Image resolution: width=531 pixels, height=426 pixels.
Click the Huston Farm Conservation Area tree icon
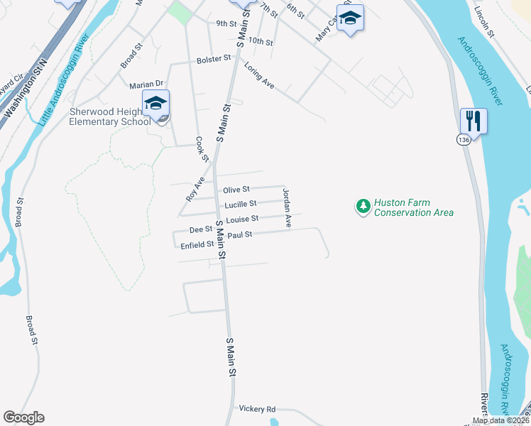pos(363,207)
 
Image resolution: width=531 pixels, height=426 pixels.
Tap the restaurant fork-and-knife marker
pos(473,120)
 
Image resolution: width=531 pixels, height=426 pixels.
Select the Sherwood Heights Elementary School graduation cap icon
pos(156,104)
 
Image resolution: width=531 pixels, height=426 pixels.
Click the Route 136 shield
pos(464,140)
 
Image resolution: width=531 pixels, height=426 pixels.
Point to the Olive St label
pos(236,190)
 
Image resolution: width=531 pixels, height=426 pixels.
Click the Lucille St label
pos(241,204)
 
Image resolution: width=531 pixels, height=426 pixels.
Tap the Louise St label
pos(243,219)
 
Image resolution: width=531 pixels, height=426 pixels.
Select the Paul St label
pos(240,234)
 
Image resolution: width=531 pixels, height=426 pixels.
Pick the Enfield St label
pos(197,244)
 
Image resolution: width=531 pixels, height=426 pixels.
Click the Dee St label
pos(201,229)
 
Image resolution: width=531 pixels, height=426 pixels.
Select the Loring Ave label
pos(259,77)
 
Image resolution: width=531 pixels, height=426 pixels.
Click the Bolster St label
pos(214,58)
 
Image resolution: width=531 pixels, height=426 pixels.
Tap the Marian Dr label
pos(146,84)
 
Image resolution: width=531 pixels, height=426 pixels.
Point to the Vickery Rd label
pos(257,409)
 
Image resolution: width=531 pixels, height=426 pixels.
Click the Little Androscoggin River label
pos(65,79)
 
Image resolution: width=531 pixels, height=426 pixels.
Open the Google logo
pos(23,417)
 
